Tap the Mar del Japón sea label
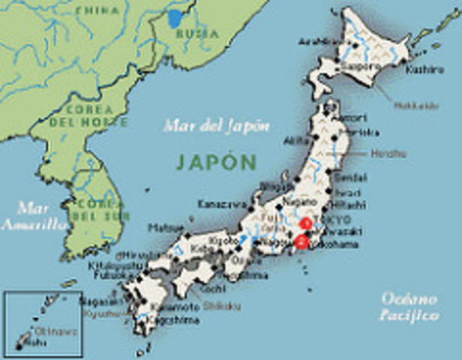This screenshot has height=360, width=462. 216,125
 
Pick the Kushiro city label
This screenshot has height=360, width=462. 420,70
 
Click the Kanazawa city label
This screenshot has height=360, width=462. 221,204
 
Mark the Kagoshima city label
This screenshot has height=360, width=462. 177,319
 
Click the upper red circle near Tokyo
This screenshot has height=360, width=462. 305,223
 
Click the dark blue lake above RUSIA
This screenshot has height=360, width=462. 175,17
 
